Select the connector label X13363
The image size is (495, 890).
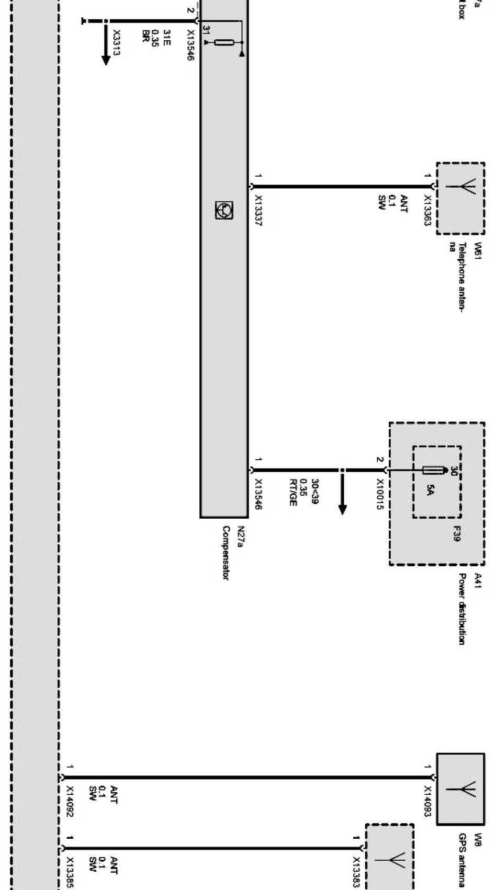tap(428, 210)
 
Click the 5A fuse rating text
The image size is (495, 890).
tap(430, 490)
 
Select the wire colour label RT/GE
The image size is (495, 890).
tap(293, 492)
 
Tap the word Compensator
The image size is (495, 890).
tap(227, 553)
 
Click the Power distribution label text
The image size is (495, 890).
tap(462, 609)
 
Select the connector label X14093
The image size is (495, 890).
tap(428, 802)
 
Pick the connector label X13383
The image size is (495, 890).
tap(356, 873)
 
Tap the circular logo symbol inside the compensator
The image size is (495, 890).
tap(224, 210)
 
